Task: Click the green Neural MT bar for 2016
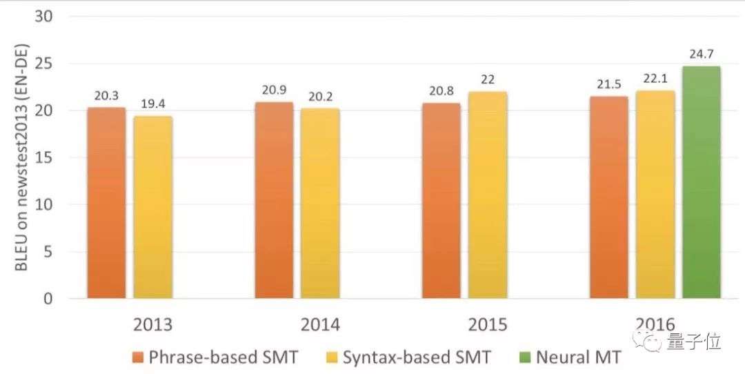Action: point(702,183)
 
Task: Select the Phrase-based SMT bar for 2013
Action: point(106,204)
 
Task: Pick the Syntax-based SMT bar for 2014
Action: point(319,204)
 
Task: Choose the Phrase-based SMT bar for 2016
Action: point(609,198)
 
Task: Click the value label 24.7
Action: point(702,53)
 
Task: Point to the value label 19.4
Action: point(152,104)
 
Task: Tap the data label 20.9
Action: point(274,90)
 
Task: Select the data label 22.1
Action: point(655,79)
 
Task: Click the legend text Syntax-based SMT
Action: point(417,357)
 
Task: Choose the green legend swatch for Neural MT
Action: point(522,357)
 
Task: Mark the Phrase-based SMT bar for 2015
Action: point(441,201)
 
